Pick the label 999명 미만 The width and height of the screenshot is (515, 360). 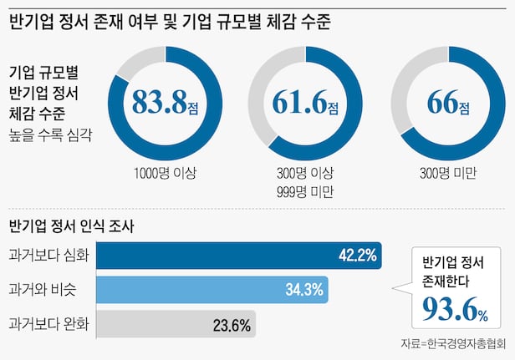304,192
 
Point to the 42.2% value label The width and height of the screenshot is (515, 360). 358,256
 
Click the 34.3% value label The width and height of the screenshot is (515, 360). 303,290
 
